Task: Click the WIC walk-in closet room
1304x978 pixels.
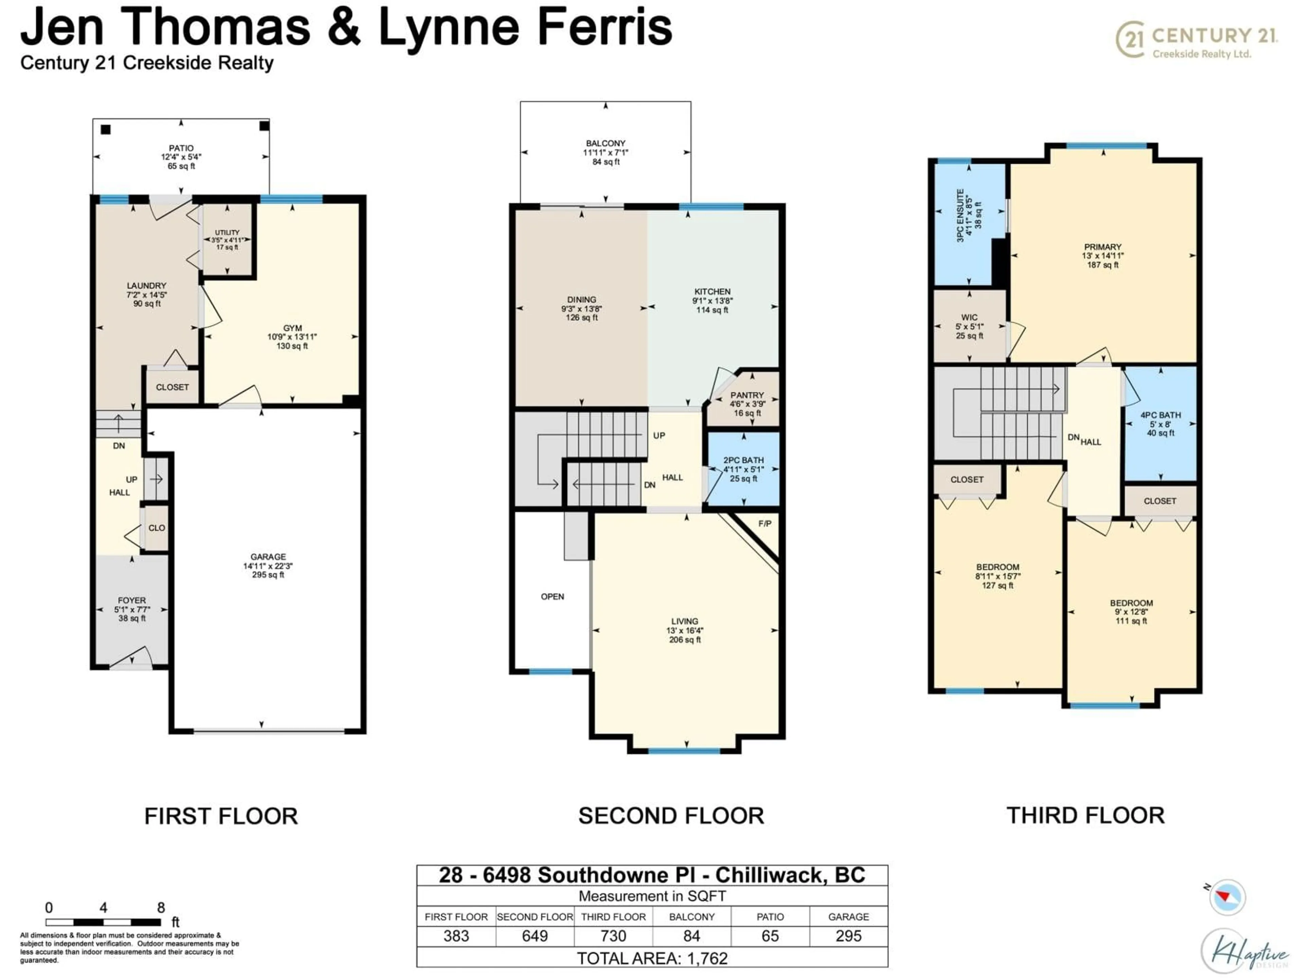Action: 969,326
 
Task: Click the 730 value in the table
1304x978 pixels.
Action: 613,936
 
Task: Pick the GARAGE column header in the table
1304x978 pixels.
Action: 848,917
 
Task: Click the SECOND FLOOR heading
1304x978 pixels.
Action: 671,816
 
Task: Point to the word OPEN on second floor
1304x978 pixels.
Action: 553,597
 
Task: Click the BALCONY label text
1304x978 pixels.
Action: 605,143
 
